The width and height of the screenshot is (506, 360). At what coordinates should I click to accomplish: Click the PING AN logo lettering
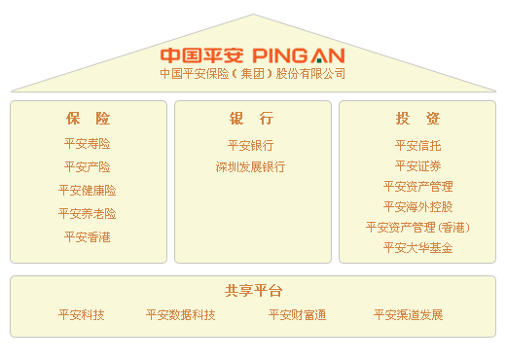pos(298,54)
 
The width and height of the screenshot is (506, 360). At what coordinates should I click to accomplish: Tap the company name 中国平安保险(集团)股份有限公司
pos(253,74)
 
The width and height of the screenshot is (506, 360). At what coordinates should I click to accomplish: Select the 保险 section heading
pos(88,119)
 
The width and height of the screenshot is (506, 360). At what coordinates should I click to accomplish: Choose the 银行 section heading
pos(251,119)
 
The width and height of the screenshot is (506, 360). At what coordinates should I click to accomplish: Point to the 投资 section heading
pos(417,119)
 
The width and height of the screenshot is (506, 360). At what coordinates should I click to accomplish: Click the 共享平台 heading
pos(253,291)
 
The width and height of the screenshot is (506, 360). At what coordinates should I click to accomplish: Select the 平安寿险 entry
pos(88,144)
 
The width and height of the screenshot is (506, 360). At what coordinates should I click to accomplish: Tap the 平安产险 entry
pos(88,167)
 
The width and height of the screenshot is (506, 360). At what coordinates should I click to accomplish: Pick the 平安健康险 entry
pos(88,191)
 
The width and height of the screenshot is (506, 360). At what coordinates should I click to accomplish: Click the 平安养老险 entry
pos(88,214)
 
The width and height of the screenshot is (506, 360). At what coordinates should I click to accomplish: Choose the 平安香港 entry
pos(88,237)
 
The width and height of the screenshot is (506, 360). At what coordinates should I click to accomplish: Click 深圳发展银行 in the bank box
pos(251,167)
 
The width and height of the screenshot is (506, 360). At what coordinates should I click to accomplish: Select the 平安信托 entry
pos(417,145)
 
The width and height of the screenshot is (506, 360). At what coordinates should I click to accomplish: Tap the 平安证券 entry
pos(417,165)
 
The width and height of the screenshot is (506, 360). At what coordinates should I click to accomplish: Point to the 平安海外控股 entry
pos(417,206)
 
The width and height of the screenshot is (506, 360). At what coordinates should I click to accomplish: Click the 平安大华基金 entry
pos(417,248)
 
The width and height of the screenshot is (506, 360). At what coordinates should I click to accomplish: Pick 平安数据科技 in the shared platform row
pos(181,315)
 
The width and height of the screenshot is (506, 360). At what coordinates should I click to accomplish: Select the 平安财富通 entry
pos(298,315)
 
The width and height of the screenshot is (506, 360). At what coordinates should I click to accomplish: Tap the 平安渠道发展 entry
pos(409,315)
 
